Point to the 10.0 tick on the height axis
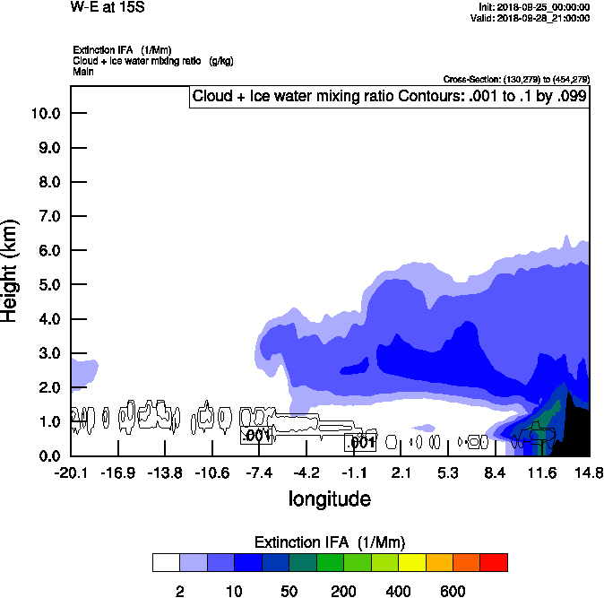45,114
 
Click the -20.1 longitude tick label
71,472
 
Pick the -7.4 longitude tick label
258,472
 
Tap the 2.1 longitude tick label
401,472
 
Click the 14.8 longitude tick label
589,472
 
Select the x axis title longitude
329,498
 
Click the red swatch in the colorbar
494,562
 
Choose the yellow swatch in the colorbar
411,562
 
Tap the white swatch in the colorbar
166,562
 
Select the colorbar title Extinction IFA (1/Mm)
330,542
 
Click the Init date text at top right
534,7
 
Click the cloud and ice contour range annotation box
389,96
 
